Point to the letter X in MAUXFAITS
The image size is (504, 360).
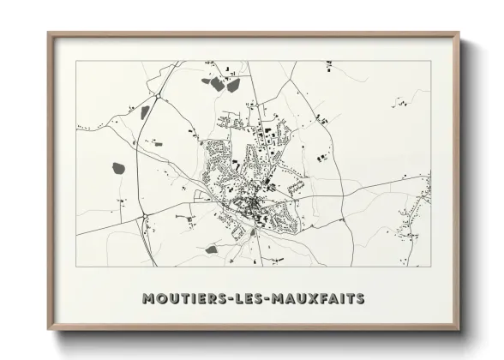[x=315, y=299]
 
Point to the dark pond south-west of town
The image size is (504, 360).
[x=211, y=250]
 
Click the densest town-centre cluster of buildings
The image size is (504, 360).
[x=251, y=206]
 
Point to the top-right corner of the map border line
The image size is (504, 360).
[x=431, y=61]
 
